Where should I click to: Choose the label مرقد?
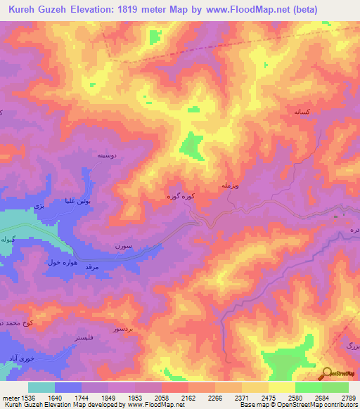94,268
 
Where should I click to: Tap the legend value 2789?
347,397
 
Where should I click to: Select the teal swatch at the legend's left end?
41,387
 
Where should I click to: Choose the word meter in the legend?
10,397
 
